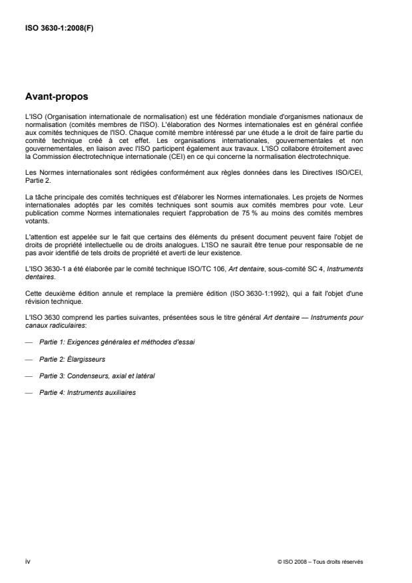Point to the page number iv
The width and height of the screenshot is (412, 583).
[27, 562]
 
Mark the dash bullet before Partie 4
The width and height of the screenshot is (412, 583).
[28, 392]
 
